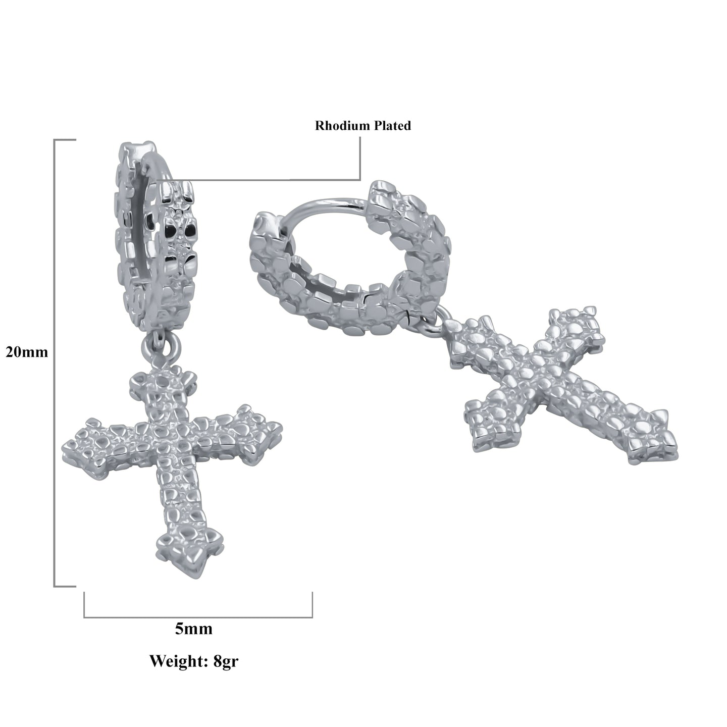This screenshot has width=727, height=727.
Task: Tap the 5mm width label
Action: pos(194,629)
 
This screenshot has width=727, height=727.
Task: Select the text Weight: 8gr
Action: pos(194,661)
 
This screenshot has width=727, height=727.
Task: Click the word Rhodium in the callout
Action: pos(343,125)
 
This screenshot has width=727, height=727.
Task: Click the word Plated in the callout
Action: pos(392,125)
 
